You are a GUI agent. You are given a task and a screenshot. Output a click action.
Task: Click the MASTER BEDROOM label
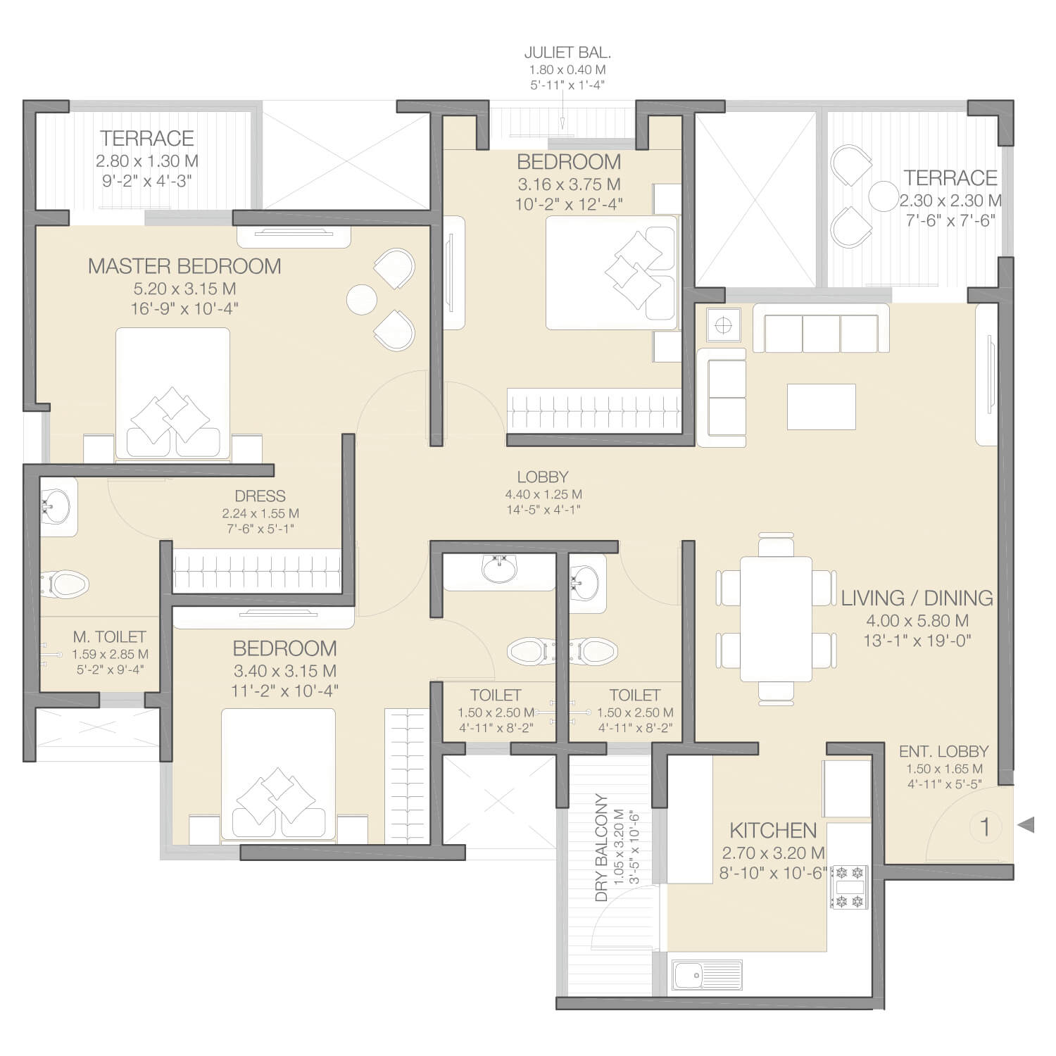(x=184, y=266)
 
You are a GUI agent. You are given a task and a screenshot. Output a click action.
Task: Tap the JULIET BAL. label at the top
(x=567, y=52)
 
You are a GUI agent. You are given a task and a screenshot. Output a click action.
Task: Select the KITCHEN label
(x=773, y=830)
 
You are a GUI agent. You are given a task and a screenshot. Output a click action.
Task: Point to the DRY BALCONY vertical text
(x=601, y=848)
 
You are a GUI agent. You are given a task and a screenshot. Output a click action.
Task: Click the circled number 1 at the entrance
(x=985, y=826)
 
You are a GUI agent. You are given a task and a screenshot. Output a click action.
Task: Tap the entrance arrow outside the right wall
(x=1026, y=824)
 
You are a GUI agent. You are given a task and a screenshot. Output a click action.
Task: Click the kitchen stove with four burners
(x=848, y=887)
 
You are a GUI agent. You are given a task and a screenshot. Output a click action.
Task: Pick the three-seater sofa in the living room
(x=821, y=328)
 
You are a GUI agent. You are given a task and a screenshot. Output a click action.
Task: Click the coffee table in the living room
(x=822, y=406)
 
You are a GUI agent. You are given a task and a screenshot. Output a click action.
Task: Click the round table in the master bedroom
(x=363, y=298)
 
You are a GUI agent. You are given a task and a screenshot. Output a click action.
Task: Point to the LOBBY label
(x=542, y=477)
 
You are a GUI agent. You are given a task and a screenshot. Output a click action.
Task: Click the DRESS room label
(x=260, y=496)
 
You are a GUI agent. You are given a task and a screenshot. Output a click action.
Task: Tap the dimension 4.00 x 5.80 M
(x=917, y=620)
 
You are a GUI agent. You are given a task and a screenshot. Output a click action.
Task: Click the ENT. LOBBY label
(x=943, y=751)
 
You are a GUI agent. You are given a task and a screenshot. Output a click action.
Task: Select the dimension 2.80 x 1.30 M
(x=147, y=161)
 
